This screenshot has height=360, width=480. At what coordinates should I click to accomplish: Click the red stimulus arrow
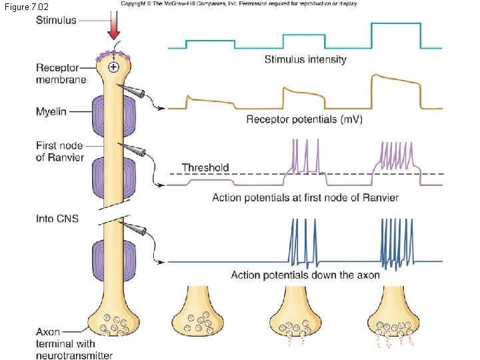(x=114, y=28)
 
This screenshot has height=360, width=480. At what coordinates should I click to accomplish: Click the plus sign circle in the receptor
(x=114, y=67)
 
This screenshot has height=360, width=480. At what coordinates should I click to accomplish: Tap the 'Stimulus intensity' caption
(x=305, y=59)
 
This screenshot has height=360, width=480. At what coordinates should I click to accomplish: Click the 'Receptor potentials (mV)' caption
(x=304, y=119)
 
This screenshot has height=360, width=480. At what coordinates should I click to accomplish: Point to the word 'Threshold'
(x=205, y=168)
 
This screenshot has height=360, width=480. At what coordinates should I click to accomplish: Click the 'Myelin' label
(x=51, y=112)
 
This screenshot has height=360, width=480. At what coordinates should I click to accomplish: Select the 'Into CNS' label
(x=57, y=219)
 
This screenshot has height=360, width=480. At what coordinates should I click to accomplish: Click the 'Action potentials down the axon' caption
(x=305, y=275)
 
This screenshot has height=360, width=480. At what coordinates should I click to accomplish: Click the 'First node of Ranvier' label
(x=60, y=151)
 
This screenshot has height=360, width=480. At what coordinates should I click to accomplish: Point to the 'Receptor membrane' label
(x=61, y=73)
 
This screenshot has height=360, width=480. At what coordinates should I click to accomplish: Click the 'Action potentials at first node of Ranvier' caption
(x=305, y=197)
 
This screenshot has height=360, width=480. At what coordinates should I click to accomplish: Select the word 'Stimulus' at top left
(x=56, y=20)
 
